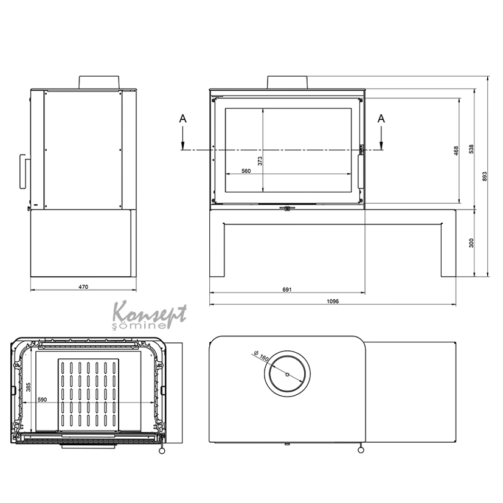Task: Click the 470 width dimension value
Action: pos(83,287)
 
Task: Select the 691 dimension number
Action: pos(287,290)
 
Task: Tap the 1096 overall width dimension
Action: pos(333,301)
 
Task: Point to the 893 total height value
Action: pos(484,176)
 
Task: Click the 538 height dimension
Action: pos(471,149)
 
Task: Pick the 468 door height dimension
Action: pos(456,151)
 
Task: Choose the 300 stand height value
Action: pos(471,243)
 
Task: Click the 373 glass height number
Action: pos(260,161)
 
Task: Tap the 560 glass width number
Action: pos(246,171)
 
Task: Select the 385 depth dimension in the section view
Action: pos(28,387)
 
